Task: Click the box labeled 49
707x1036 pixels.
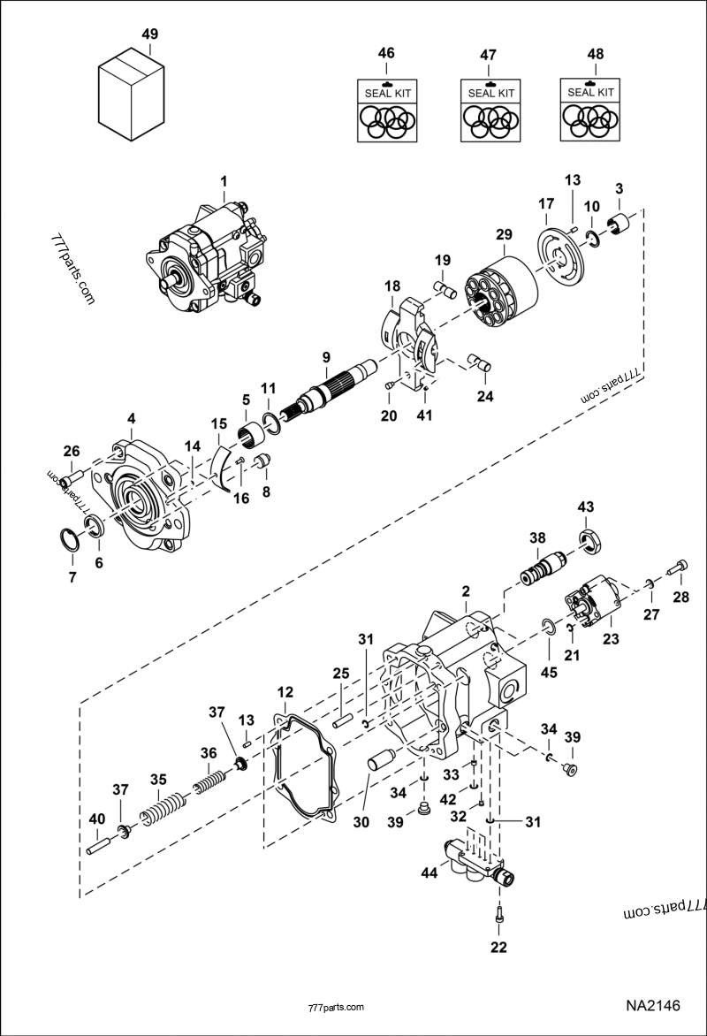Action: click(131, 96)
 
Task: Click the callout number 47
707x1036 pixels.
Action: click(488, 55)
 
